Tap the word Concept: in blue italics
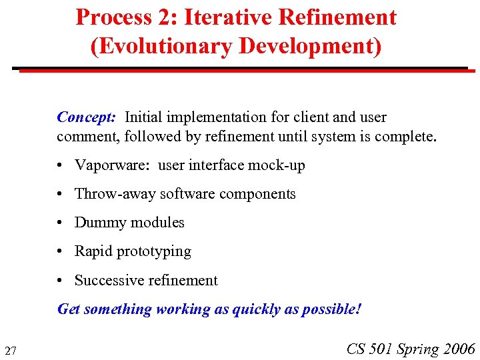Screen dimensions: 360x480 [x=87, y=117]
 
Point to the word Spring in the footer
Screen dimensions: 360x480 [x=419, y=349]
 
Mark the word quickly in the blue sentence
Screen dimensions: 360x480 [x=256, y=309]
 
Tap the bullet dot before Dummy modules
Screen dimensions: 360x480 [x=61, y=223]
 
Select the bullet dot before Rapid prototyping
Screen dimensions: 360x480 [x=61, y=252]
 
